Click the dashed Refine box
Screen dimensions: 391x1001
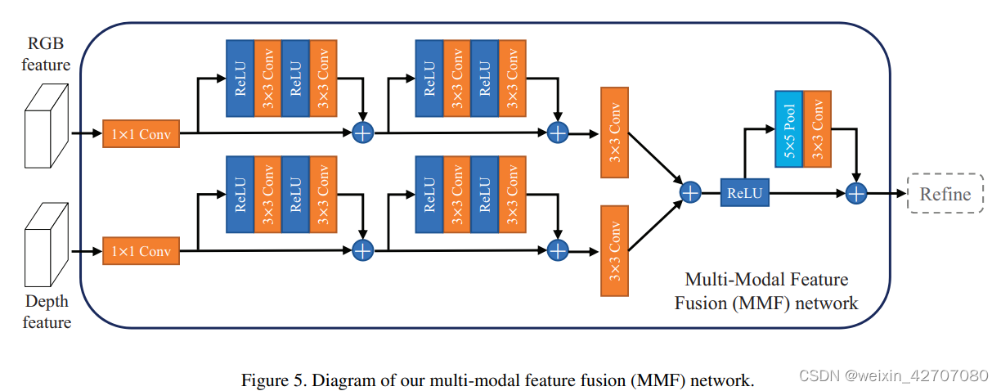click(945, 194)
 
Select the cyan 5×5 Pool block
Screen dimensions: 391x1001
click(788, 130)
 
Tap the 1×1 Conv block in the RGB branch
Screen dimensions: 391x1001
click(141, 134)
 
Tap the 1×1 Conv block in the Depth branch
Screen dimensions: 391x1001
click(141, 251)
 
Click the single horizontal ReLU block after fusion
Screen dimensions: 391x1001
click(744, 194)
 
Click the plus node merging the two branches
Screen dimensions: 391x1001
click(691, 192)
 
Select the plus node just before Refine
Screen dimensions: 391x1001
click(855, 193)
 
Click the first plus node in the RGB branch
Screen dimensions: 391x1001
click(362, 133)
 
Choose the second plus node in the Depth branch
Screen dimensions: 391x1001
click(557, 250)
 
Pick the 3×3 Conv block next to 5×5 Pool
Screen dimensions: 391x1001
click(816, 130)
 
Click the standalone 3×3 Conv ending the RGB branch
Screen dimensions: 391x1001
click(614, 132)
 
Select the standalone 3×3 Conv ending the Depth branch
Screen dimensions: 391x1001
click(614, 250)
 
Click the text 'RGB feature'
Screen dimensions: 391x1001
click(47, 54)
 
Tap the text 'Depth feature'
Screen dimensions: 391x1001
click(47, 312)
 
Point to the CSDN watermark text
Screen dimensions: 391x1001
click(893, 376)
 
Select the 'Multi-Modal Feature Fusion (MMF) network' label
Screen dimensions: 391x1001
click(765, 292)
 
